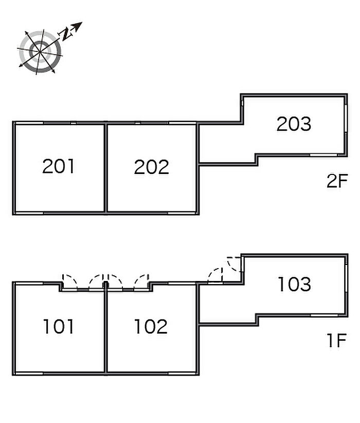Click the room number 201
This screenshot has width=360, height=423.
58,166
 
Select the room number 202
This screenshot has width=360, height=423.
152,167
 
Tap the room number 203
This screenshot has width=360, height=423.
294,124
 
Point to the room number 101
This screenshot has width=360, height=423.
58,326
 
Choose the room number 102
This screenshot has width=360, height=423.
151,326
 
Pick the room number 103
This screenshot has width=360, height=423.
295,284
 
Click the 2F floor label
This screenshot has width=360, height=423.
337,181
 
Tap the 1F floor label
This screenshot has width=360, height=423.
337,340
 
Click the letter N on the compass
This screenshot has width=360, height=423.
65,34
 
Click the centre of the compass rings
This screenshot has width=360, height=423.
40,51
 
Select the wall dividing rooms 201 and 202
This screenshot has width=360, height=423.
106,168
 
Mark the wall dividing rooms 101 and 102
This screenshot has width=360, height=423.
106,328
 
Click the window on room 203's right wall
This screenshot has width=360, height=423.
346,118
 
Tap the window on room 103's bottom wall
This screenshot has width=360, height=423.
324,315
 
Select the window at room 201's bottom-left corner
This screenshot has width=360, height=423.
29,213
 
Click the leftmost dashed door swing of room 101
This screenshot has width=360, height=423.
69,282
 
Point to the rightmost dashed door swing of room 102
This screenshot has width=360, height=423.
141,282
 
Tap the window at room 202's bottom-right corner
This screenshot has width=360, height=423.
182,213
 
